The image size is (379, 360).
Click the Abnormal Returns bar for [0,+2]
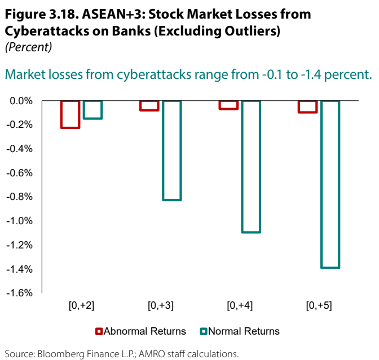pyautogui.click(x=70, y=114)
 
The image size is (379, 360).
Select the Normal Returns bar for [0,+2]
pyautogui.click(x=93, y=110)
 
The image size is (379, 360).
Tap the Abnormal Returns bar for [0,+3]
pyautogui.click(x=149, y=105)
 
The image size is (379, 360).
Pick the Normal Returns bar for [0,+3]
pyautogui.click(x=172, y=150)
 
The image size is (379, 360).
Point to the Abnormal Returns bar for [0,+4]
pyautogui.click(x=228, y=105)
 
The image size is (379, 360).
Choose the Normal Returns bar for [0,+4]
pyautogui.click(x=251, y=167)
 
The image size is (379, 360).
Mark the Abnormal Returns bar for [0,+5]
pyautogui.click(x=308, y=106)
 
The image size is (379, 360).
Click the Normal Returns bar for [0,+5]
pyautogui.click(x=330, y=184)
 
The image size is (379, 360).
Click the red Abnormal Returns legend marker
pyautogui.click(x=99, y=331)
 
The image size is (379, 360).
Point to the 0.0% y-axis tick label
pyautogui.click(x=21, y=101)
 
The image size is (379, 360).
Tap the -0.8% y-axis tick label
pyautogui.click(x=20, y=197)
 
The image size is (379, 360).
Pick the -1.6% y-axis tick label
pyautogui.click(x=20, y=293)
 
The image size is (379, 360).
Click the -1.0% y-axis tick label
pyautogui.click(x=20, y=221)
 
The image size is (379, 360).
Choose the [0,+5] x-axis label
pyautogui.click(x=319, y=306)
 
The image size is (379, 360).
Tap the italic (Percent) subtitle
pyautogui.click(x=28, y=48)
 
